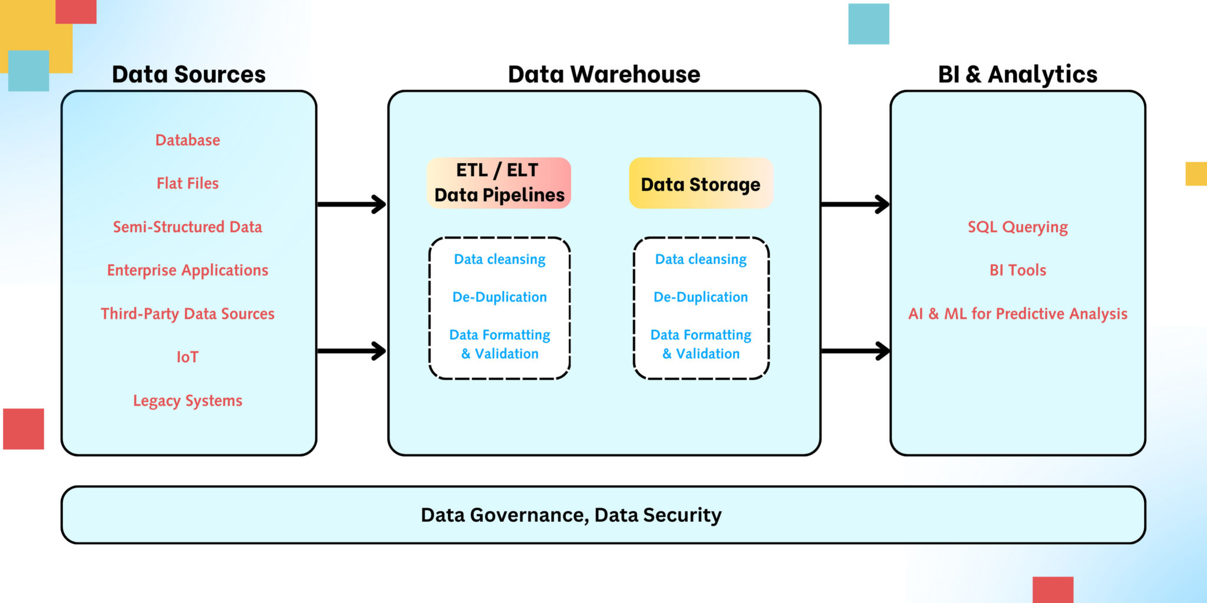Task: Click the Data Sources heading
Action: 189,75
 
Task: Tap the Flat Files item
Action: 187,184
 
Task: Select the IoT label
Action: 187,357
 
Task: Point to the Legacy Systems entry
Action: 187,400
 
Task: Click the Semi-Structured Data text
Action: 187,227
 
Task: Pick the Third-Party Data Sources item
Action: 187,314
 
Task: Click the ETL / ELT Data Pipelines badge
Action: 499,183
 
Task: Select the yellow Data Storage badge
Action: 701,184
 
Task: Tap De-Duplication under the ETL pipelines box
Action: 499,297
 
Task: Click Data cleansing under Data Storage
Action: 701,260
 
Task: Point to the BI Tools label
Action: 1018,270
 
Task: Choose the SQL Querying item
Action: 1018,227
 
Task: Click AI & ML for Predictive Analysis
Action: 1018,314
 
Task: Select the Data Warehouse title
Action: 604,75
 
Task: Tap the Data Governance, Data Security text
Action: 570,515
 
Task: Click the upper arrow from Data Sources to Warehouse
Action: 352,204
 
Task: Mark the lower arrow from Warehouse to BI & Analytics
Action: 855,351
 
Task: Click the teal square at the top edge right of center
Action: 868,24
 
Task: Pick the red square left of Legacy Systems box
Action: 24,429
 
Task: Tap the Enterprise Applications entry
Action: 187,270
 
